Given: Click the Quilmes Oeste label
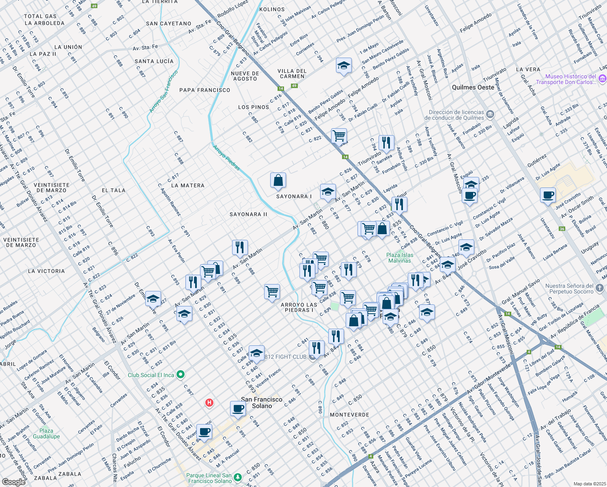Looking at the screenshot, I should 473,87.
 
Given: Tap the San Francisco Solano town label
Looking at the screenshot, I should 262,403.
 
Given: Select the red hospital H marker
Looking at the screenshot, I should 209,403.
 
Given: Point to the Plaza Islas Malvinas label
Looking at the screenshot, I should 400,258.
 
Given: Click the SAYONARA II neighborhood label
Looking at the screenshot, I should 248,214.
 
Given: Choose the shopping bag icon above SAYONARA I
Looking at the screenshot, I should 278,180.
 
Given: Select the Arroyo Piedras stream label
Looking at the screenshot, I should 226,157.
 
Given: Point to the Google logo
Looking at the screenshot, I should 13,482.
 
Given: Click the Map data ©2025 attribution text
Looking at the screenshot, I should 590,484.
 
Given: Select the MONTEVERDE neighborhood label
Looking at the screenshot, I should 349,415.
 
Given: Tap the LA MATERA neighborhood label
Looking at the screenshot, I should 187,185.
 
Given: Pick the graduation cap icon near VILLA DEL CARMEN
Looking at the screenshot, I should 344,65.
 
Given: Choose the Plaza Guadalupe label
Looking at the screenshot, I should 46,433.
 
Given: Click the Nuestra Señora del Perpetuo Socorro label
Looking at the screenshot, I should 569,289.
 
